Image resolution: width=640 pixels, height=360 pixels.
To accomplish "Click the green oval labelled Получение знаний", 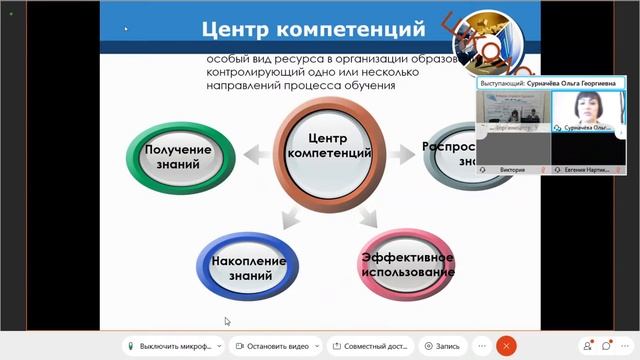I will click(178, 156).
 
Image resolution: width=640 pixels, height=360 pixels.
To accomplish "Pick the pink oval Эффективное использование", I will click(408, 262).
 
